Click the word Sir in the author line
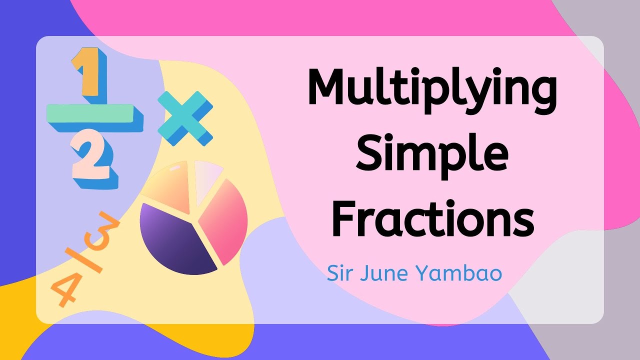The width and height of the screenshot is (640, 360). [338, 274]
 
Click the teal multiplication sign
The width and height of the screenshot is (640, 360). [184, 118]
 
